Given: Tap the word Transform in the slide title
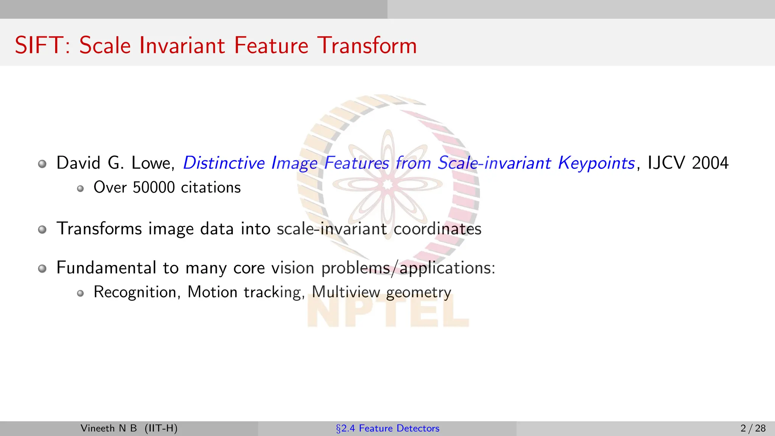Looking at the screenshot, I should (367, 45).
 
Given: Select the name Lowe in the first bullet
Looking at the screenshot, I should (151, 163).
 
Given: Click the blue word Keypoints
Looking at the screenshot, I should (596, 163).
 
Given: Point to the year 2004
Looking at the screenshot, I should (710, 163).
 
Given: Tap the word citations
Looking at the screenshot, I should (211, 187).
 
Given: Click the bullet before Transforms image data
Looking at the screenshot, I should (42, 229).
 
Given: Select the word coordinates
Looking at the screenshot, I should (437, 229).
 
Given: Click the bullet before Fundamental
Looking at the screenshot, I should (42, 268).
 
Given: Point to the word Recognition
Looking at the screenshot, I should (135, 292).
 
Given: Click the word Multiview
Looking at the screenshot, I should (346, 292).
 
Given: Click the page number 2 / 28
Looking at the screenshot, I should (753, 428).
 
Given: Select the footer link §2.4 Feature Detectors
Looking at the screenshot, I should (387, 428).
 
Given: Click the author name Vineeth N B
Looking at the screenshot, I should (109, 428).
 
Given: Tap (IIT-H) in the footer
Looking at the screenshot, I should (161, 428).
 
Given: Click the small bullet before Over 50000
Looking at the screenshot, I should (80, 188).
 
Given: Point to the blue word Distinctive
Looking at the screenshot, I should (224, 163).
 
